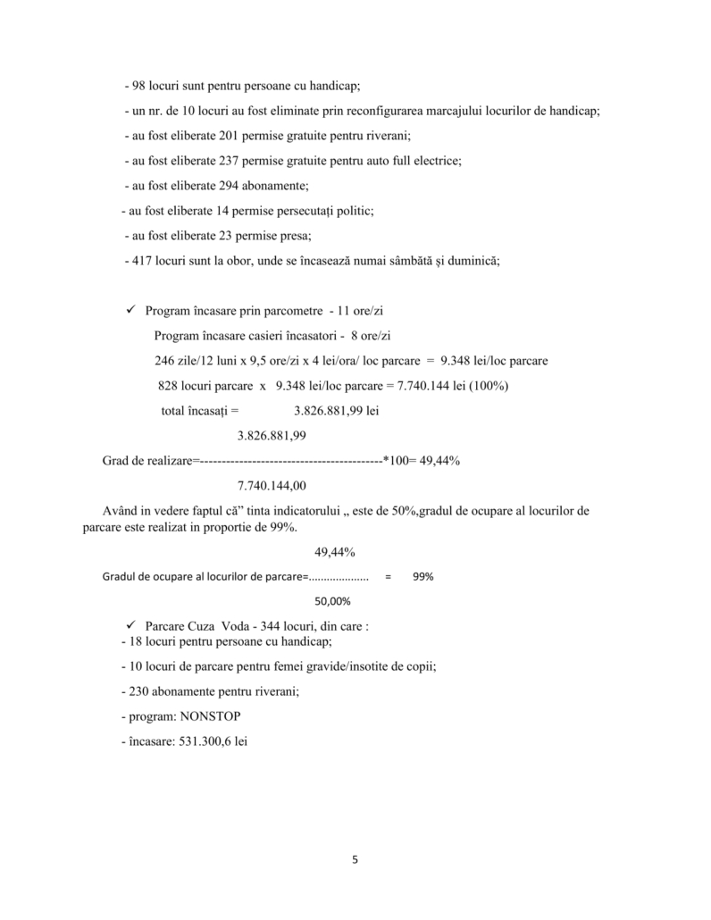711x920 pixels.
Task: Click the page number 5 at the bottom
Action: (355, 860)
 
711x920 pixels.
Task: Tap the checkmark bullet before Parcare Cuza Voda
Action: (130, 626)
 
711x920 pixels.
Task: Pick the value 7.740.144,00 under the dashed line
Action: (272, 486)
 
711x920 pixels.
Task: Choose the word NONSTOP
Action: (210, 717)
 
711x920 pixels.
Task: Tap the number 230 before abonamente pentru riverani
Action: (142, 691)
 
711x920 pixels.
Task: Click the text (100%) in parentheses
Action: (487, 386)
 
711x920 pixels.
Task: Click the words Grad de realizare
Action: (141, 461)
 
